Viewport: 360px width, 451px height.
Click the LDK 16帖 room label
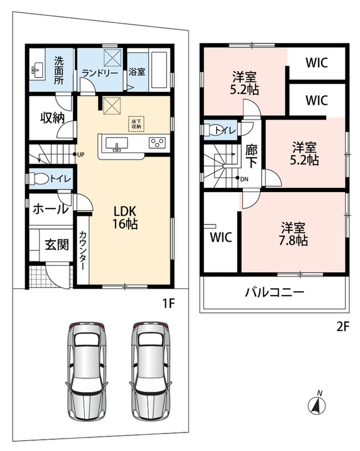(x=125, y=218)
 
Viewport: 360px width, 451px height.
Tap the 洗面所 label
(x=59, y=70)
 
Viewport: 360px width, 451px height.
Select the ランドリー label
(x=100, y=73)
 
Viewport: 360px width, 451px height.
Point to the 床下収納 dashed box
(x=136, y=123)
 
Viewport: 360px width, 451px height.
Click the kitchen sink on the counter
(x=117, y=143)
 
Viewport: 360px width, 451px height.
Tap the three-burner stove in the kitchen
(x=157, y=143)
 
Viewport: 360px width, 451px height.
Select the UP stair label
(x=81, y=154)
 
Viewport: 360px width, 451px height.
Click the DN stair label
(x=244, y=179)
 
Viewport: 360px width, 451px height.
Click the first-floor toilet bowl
(x=39, y=178)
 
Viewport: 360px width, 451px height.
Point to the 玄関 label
(x=57, y=245)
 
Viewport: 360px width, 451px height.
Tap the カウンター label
(x=82, y=250)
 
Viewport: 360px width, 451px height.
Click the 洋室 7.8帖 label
(x=293, y=233)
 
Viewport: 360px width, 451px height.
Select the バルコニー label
(x=275, y=293)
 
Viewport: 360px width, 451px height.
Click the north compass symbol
(x=317, y=404)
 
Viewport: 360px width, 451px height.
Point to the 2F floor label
(x=343, y=327)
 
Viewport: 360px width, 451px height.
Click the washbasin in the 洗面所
(x=37, y=70)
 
